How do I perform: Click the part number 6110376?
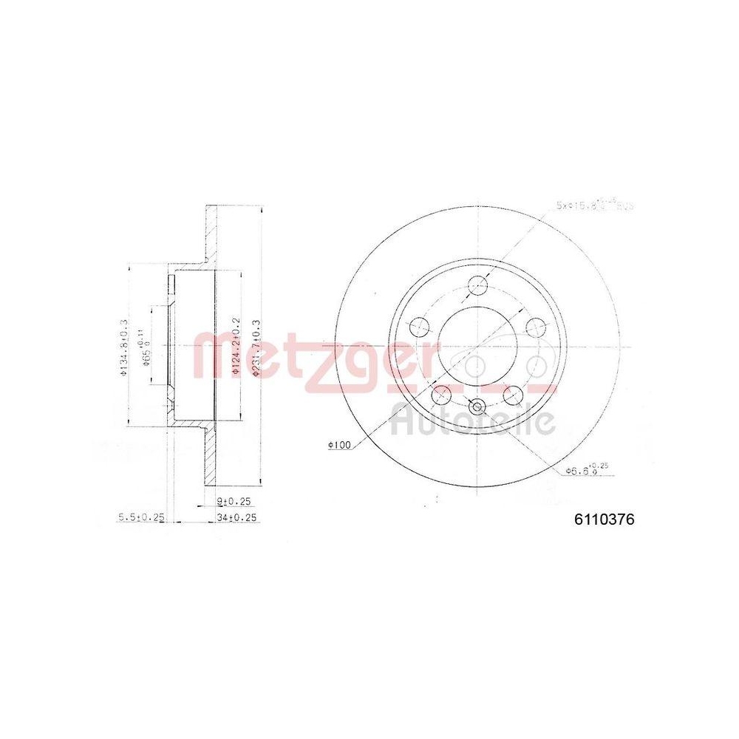coord(604,520)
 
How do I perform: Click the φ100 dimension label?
coord(338,445)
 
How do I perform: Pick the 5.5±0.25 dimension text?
coord(140,518)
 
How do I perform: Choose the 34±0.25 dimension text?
coord(237,518)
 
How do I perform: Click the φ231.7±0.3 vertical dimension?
coord(256,348)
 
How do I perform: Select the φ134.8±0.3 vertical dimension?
coord(123,347)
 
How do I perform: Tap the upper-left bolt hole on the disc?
coord(420,327)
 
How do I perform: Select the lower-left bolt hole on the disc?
coord(442,395)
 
